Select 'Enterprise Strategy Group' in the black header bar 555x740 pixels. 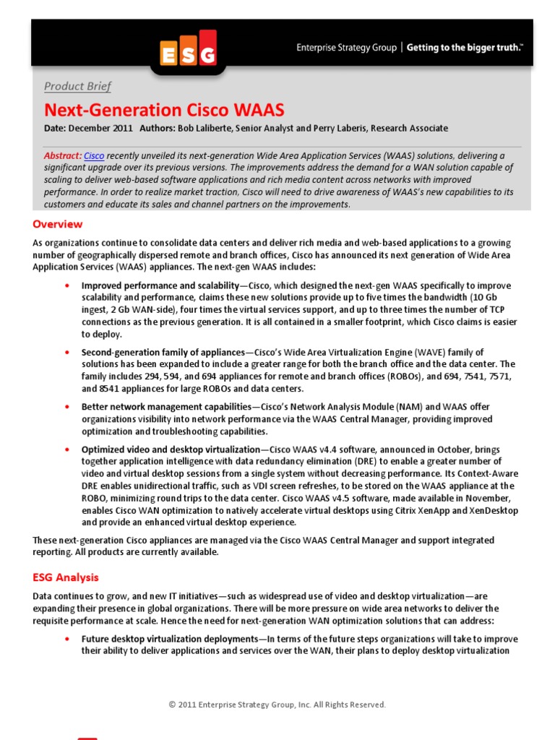pos(346,48)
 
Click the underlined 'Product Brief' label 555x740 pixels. pos(77,87)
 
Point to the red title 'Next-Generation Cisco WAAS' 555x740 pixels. pos(164,110)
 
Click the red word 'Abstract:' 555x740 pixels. pos(63,155)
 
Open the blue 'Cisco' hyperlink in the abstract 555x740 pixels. pos(94,155)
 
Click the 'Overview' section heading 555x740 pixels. pos(57,224)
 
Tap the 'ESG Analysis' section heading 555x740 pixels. pos(66,577)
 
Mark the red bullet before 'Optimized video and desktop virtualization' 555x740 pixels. pos(67,449)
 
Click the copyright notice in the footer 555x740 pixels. pos(277,705)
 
